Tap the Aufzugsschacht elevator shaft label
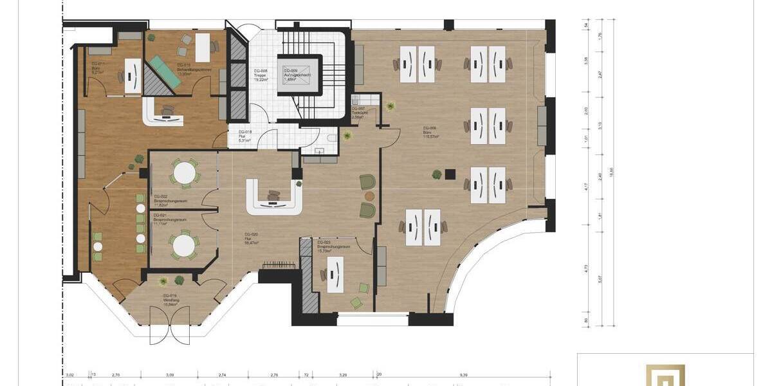[x=298, y=75]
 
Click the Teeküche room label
[x=358, y=112]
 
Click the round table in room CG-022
[x=185, y=172]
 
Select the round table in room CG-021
[x=184, y=244]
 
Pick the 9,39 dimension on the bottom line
[x=464, y=374]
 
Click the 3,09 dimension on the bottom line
[x=170, y=374]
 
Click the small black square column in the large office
[x=450, y=172]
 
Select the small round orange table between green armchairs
[x=369, y=195]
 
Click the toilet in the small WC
[x=331, y=137]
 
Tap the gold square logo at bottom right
[x=665, y=376]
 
